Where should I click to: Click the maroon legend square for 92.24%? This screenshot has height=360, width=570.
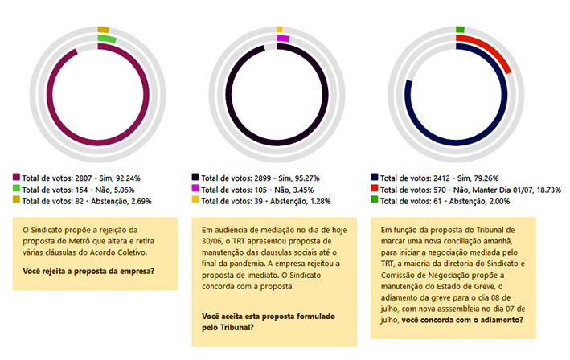pos(16,176)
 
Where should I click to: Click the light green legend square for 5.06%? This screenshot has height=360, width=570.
pos(16,188)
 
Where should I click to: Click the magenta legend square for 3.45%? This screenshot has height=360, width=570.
pos(195,188)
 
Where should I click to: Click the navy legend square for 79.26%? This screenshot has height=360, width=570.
pos(375,176)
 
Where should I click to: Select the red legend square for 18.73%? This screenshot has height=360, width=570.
pos(375,189)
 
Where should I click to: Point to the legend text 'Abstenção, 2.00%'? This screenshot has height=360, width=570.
pos(473,201)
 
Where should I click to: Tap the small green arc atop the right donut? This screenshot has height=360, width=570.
pos(460,30)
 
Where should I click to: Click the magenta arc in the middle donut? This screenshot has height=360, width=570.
pos(282,38)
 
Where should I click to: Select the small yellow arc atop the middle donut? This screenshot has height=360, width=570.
pos(281,30)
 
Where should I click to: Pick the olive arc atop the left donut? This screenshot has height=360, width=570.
pos(103,30)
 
